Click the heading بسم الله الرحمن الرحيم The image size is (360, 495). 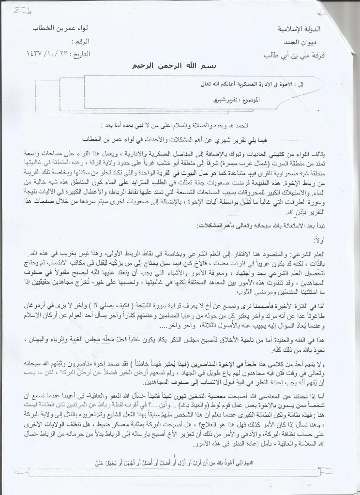click(180, 67)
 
